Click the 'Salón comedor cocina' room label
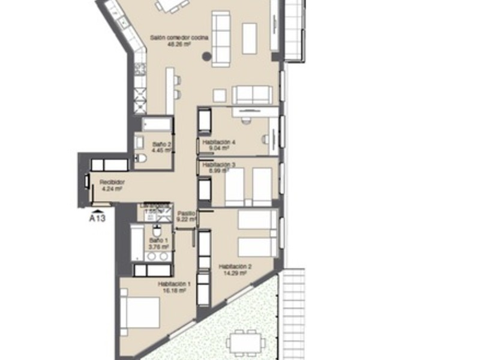(x=179, y=37)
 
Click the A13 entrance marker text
(x=97, y=219)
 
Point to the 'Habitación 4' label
(x=219, y=142)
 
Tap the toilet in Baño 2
(x=141, y=158)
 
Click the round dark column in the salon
(x=206, y=57)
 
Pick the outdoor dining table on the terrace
(x=246, y=343)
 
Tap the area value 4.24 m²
(x=112, y=188)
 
